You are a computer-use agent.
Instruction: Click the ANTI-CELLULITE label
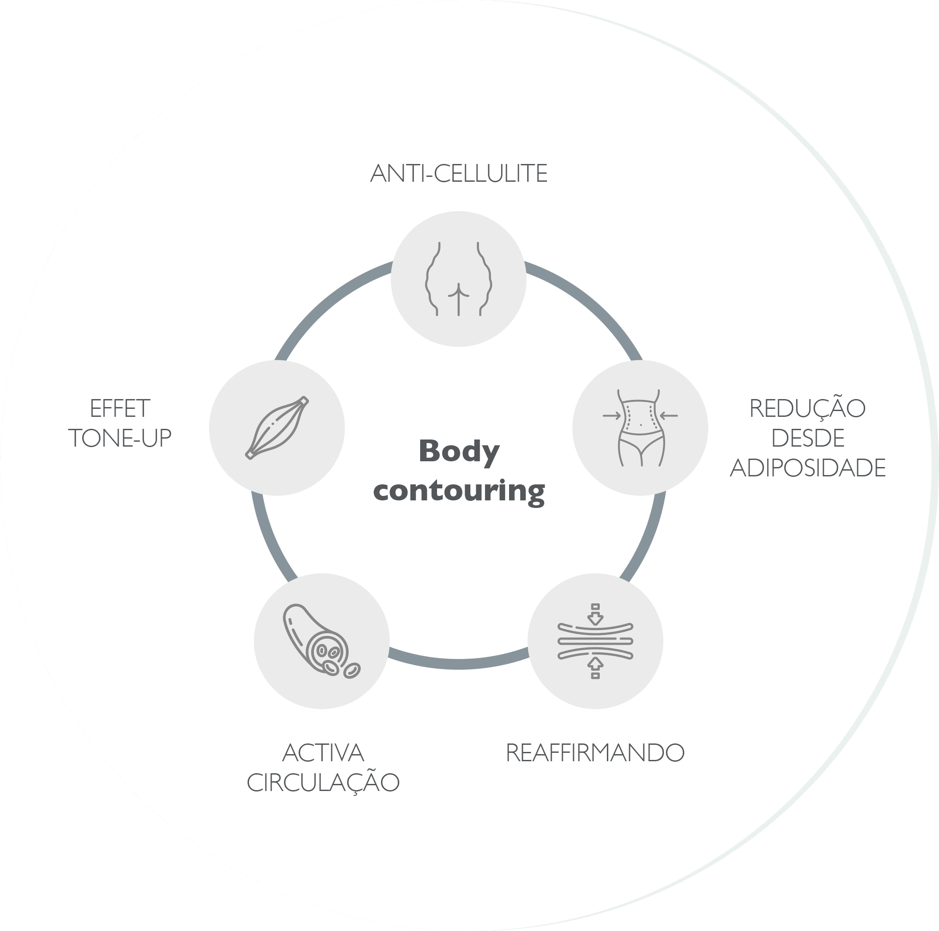[459, 173]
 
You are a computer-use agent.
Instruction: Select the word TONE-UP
[120, 438]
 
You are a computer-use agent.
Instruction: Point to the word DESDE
[808, 438]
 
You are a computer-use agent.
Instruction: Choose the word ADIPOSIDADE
[808, 468]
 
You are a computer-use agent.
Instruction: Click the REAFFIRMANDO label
[595, 753]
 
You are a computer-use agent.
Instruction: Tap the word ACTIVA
[323, 753]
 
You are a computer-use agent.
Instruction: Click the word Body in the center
[459, 452]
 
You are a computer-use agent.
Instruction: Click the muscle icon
[277, 428]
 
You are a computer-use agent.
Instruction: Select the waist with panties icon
[641, 428]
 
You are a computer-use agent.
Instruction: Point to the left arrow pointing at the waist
[612, 416]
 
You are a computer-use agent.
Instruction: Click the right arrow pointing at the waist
[669, 416]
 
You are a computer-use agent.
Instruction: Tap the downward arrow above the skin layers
[595, 614]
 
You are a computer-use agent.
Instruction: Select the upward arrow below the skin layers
[595, 668]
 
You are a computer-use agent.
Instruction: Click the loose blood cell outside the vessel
[352, 671]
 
